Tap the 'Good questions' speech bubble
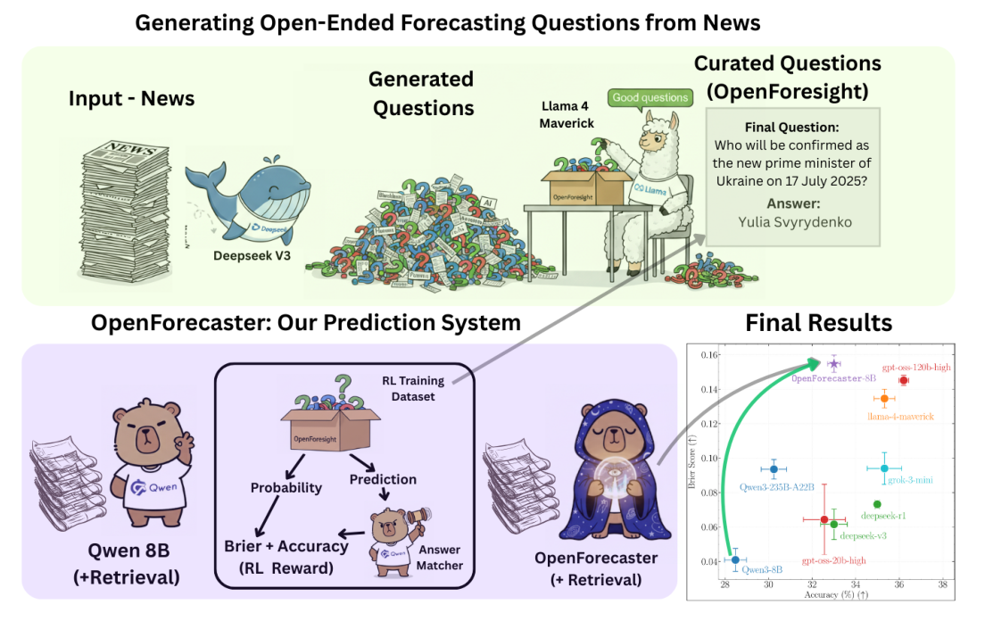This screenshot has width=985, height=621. [650, 97]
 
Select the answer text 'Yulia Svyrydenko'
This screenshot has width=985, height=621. [793, 221]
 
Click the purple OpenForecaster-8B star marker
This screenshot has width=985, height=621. [834, 364]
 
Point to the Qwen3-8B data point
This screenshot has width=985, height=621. [735, 559]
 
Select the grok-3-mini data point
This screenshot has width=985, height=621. [884, 468]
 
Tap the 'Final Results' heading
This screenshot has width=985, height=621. [818, 321]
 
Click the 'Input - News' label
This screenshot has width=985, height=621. [131, 98]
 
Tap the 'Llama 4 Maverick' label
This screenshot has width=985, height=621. [566, 115]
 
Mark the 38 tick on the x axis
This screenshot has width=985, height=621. [943, 585]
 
